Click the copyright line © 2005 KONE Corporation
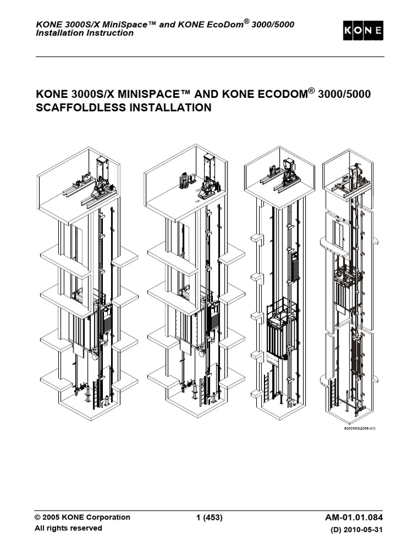point(82,517)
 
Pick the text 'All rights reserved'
point(68,528)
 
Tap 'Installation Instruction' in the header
point(84,33)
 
